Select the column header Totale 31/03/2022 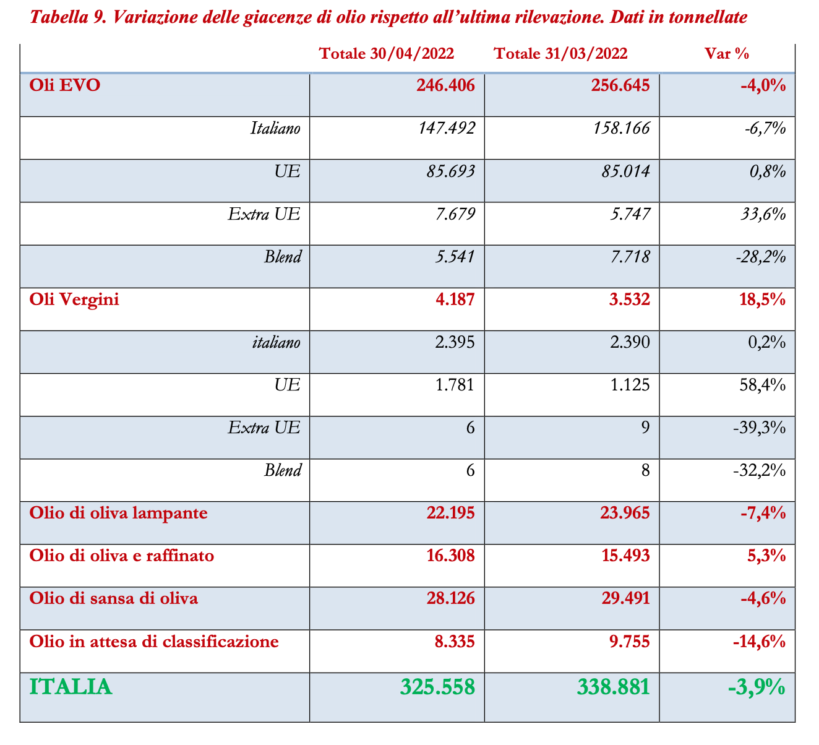click(x=560, y=54)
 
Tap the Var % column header click(x=727, y=54)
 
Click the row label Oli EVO click(x=64, y=85)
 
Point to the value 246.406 click(x=446, y=85)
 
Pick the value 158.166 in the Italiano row click(x=621, y=128)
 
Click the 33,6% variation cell click(x=763, y=214)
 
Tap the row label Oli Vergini click(x=74, y=299)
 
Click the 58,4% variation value click(x=763, y=385)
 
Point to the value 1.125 click(x=629, y=385)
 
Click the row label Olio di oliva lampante click(x=118, y=513)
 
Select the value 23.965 click(x=625, y=513)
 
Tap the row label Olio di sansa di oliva click(x=114, y=598)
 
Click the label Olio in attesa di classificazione click(x=154, y=641)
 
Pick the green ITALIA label click(x=71, y=687)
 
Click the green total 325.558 click(x=437, y=687)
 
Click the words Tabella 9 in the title click(x=64, y=17)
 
